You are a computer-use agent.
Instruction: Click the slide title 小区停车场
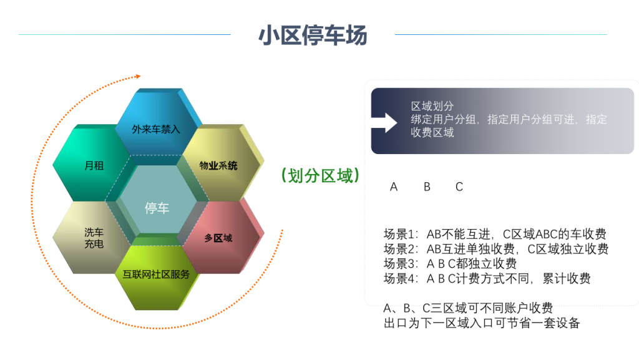click(x=313, y=35)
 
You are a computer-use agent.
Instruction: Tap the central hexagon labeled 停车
click(x=157, y=200)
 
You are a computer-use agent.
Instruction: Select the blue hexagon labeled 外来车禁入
click(x=157, y=122)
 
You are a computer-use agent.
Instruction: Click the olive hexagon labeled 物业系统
click(x=222, y=163)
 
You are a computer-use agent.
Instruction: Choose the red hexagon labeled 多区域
click(x=222, y=236)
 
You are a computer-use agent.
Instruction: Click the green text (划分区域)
click(x=320, y=176)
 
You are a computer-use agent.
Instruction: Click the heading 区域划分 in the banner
click(x=432, y=106)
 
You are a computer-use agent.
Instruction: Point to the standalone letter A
click(x=393, y=187)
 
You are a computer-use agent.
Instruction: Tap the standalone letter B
click(x=427, y=187)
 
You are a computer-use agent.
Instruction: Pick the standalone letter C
click(x=459, y=187)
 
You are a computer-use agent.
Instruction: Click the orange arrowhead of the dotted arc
click(x=138, y=76)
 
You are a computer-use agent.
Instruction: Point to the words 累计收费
click(x=567, y=279)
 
